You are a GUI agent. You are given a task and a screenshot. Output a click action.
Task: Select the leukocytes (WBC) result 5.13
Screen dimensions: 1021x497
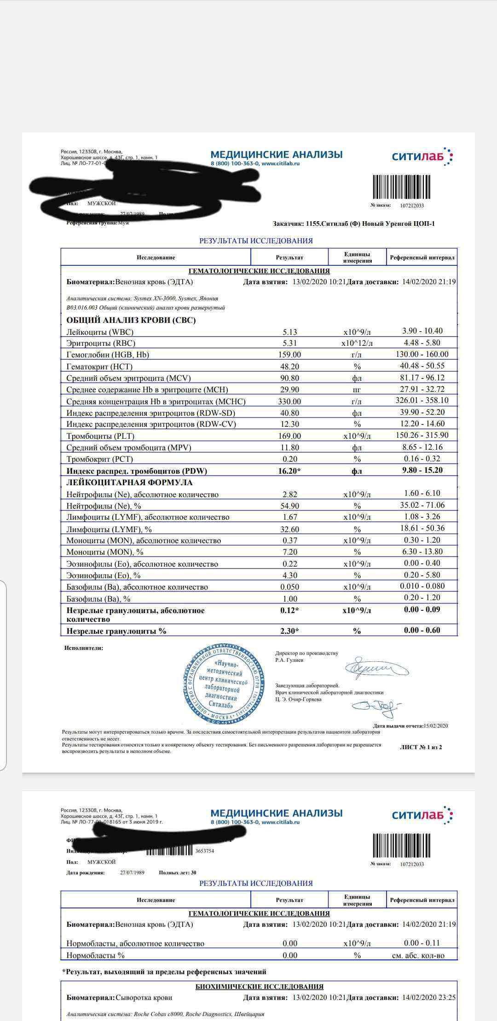290,332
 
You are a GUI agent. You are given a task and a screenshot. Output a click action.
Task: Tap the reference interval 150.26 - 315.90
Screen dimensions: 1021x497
422,435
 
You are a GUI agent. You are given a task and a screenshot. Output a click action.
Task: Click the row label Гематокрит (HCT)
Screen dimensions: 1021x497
99,367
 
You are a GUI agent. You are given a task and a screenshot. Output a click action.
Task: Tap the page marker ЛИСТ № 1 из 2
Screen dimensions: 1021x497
421,747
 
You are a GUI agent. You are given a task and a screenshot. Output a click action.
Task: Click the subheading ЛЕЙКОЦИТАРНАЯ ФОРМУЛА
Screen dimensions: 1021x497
129,482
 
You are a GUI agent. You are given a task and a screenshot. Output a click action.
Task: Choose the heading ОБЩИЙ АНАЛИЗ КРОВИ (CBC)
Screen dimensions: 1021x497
131,320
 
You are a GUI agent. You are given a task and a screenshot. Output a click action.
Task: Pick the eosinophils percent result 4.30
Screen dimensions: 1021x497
290,575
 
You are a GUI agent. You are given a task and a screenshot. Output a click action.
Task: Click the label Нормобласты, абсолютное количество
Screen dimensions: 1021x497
135,943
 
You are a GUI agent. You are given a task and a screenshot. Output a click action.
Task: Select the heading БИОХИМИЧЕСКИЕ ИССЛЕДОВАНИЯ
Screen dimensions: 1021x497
259,987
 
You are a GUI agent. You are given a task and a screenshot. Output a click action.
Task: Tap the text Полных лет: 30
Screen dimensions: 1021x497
178,872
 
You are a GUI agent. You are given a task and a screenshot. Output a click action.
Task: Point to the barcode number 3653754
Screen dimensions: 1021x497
204,851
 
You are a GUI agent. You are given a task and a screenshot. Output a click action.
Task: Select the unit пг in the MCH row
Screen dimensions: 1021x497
357,390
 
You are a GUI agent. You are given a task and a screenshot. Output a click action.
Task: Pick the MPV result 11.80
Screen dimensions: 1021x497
290,447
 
